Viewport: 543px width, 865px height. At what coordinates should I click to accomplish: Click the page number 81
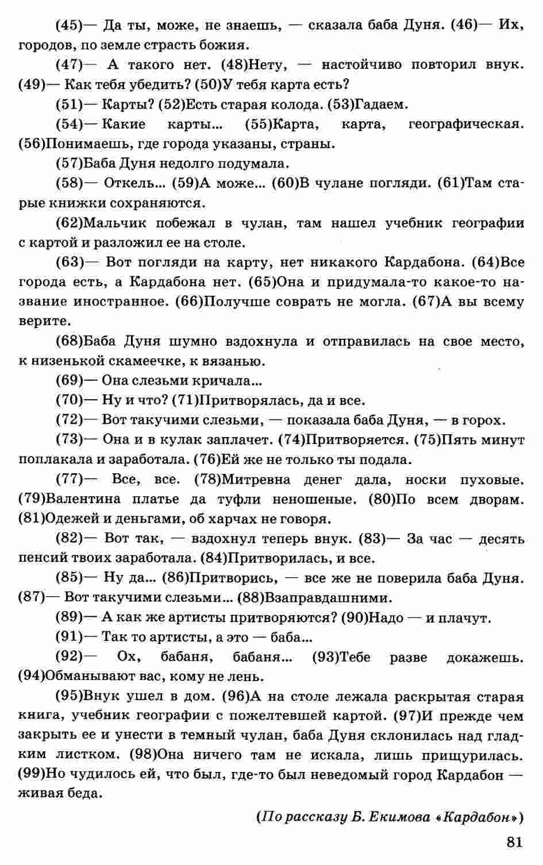pyautogui.click(x=514, y=843)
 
